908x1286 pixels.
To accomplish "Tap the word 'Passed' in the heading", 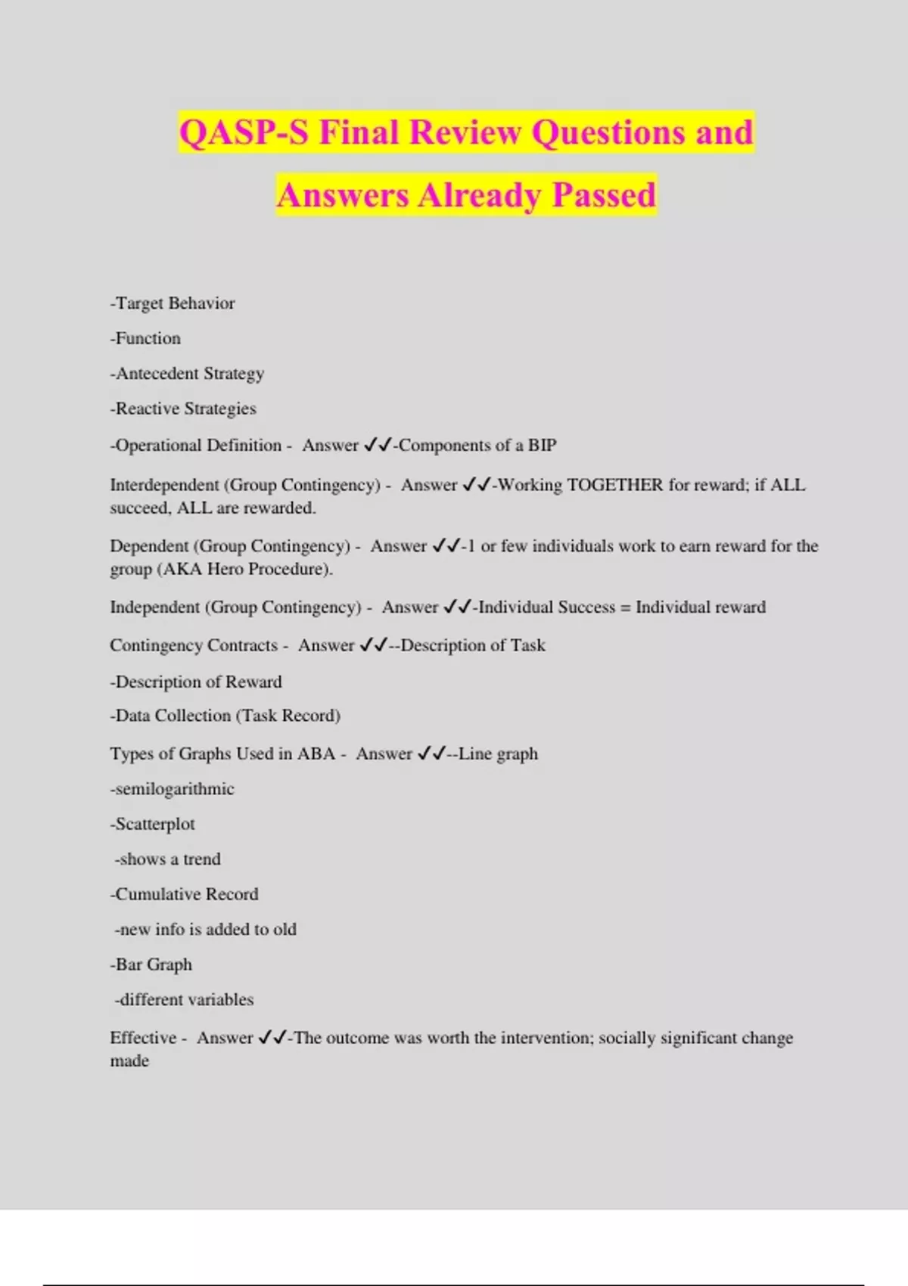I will coord(603,195).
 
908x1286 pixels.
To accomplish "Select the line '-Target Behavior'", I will coord(173,303).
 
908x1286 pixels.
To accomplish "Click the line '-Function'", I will coord(145,338).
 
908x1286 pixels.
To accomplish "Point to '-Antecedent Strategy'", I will coord(187,374).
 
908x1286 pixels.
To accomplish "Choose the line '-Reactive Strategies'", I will coord(183,408).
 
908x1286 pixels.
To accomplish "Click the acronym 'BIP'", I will coord(542,446).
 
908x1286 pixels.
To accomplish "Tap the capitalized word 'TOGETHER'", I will coord(614,485).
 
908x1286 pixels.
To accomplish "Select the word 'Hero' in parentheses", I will coord(225,569).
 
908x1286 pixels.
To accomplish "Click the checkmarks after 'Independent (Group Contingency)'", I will coord(458,607).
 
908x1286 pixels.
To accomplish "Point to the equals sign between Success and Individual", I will coord(625,607).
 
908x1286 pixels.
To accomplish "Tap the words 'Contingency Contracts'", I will coord(194,645).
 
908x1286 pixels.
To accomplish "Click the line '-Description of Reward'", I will coord(196,682).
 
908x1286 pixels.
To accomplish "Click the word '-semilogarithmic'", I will coord(173,789).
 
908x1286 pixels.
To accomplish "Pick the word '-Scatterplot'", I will coord(153,824).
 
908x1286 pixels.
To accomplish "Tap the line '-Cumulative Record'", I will coord(185,894).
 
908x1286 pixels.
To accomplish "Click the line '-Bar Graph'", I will coord(151,964).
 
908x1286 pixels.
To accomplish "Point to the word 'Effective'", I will coord(143,1038).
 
